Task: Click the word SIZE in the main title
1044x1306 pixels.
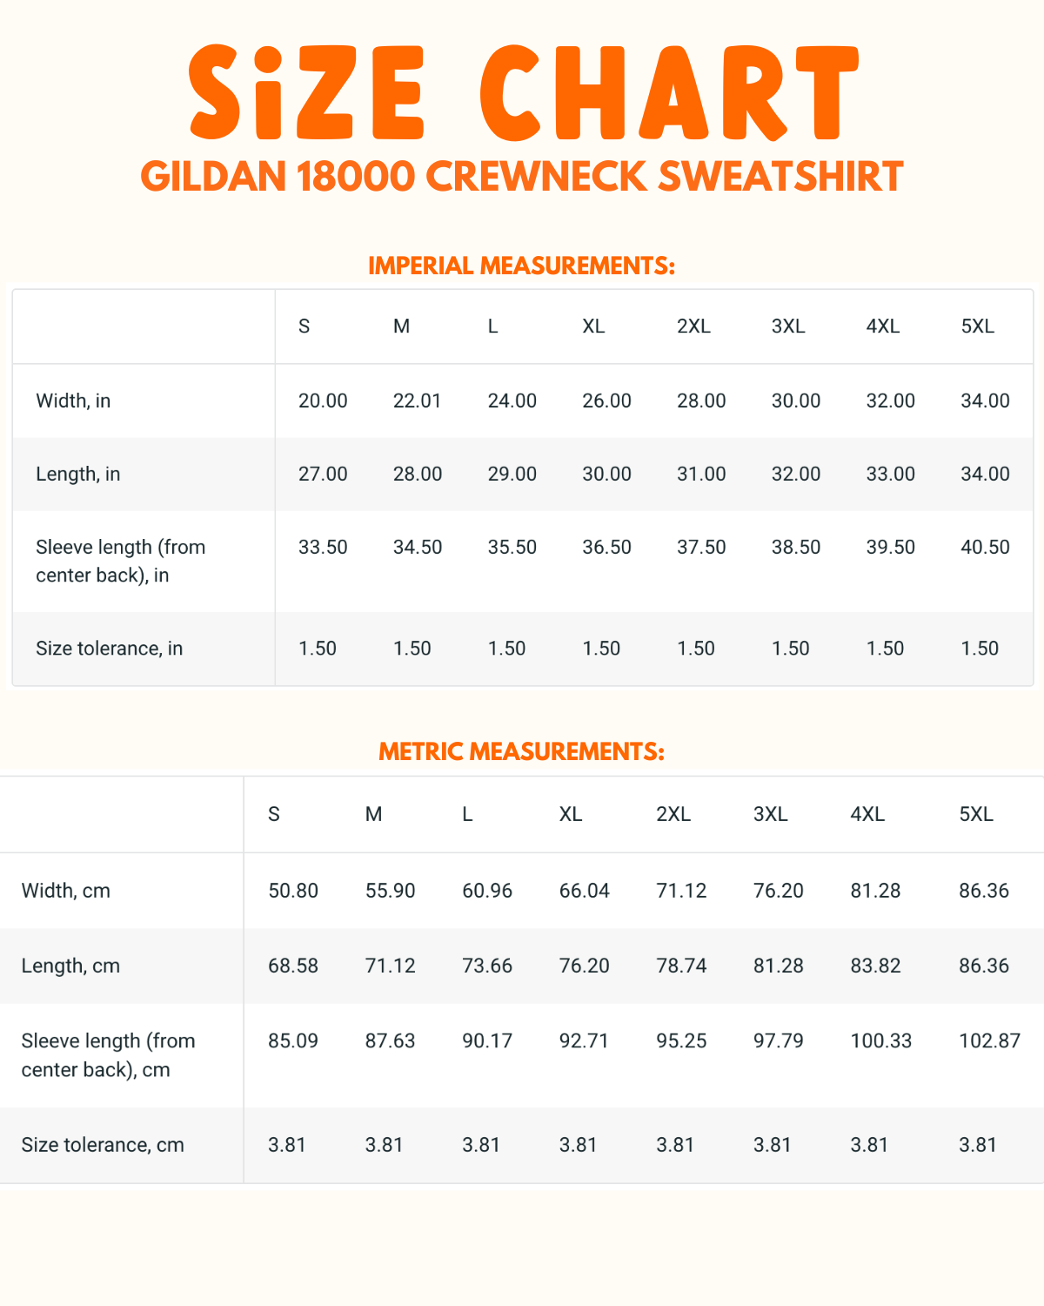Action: tap(307, 93)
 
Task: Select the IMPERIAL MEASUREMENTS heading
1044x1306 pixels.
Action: tap(522, 266)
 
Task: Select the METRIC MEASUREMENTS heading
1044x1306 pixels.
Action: tap(522, 751)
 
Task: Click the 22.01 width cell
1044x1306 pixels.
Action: tap(418, 401)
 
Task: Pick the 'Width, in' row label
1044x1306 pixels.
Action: tap(73, 401)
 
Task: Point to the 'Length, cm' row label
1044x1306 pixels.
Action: tap(70, 966)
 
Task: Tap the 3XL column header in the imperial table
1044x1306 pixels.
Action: tap(788, 326)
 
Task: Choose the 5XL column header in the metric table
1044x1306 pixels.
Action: tap(976, 814)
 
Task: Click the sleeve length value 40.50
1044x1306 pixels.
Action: tap(985, 548)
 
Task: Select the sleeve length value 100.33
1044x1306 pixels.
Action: tap(880, 1041)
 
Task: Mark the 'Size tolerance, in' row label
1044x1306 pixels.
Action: tap(110, 649)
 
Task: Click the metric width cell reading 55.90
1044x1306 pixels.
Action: tap(390, 891)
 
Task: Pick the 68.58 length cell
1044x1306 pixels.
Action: tap(293, 966)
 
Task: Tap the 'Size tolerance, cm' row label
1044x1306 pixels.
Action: tap(103, 1145)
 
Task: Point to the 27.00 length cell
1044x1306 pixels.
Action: tap(323, 475)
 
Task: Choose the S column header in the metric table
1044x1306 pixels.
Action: tap(274, 814)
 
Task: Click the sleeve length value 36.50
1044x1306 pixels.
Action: tap(606, 548)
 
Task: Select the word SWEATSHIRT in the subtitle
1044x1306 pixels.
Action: tap(780, 177)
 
